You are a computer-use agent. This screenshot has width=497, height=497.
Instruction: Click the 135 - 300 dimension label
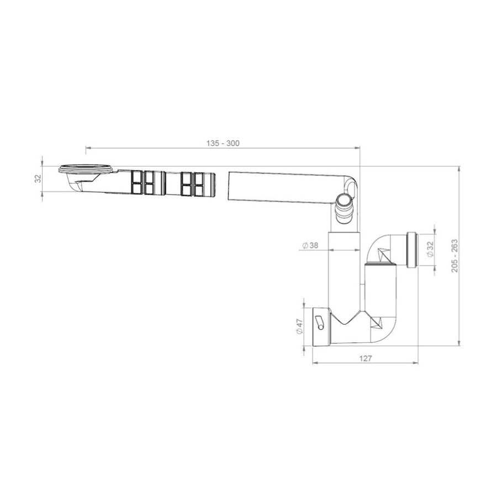click(223, 143)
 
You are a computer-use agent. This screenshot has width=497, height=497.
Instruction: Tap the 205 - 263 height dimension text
click(454, 256)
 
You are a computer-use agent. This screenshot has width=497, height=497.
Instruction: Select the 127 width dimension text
click(366, 358)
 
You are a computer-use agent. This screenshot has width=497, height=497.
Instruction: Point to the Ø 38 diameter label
click(310, 245)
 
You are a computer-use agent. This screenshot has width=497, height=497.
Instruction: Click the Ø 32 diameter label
click(430, 250)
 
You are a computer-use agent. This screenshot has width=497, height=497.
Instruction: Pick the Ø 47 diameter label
click(299, 326)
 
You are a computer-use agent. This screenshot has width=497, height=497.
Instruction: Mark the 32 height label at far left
click(38, 179)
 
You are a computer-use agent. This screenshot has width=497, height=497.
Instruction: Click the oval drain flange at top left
click(85, 168)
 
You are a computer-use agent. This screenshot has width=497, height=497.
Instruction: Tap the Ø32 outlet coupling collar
click(412, 250)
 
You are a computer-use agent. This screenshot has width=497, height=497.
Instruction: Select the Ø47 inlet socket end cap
click(321, 327)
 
